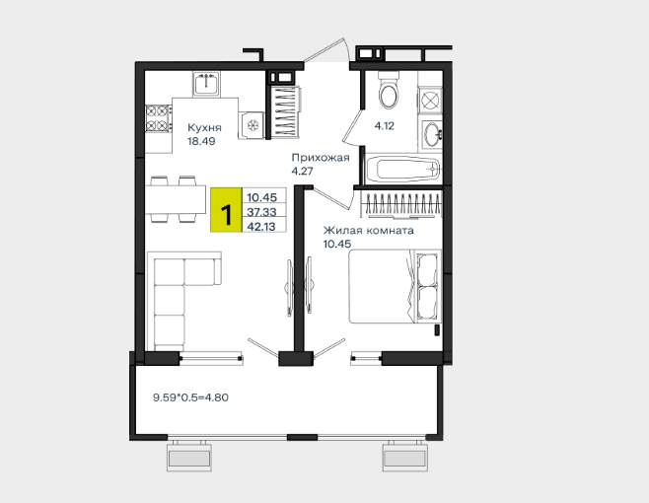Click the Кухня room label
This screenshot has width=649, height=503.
[x=204, y=127]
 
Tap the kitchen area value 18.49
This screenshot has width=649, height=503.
[x=201, y=141]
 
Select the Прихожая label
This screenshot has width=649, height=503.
[x=321, y=158]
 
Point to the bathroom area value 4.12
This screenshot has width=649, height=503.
[x=384, y=126]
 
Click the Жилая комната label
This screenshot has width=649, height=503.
[x=368, y=230]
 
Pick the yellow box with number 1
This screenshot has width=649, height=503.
[x=226, y=209]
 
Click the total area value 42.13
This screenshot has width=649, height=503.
[x=261, y=227]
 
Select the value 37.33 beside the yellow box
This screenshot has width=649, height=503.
[x=261, y=212]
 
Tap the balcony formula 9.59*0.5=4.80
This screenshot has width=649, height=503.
[x=190, y=397]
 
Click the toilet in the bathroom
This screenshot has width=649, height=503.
[x=389, y=91]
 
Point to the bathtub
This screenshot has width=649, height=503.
[x=402, y=169]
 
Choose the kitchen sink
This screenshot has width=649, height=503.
[x=206, y=84]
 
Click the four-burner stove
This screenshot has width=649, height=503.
[x=159, y=118]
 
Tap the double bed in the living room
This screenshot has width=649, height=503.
[x=395, y=286]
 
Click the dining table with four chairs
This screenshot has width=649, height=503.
[x=175, y=200]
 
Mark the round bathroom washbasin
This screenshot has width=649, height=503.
[x=432, y=134]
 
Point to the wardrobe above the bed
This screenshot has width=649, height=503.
[x=400, y=204]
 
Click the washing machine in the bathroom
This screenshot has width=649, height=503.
[x=430, y=101]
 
